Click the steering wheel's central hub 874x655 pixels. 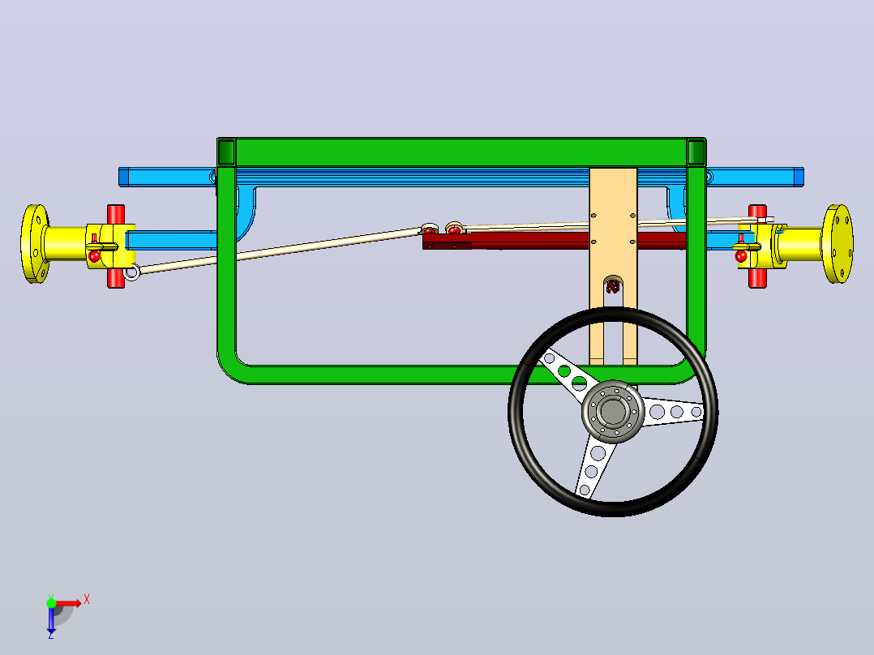pyautogui.click(x=613, y=411)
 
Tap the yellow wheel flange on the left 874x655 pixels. pyautogui.click(x=35, y=244)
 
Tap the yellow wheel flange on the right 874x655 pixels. pyautogui.click(x=838, y=244)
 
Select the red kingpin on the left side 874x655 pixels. pyautogui.click(x=116, y=246)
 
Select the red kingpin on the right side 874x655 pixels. pyautogui.click(x=757, y=246)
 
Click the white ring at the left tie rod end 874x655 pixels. pyautogui.click(x=131, y=272)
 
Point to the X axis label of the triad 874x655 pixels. pyautogui.click(x=87, y=600)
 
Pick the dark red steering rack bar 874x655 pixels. pyautogui.click(x=554, y=240)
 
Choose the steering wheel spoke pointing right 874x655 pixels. pyautogui.click(x=673, y=412)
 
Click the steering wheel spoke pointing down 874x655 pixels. pyautogui.click(x=595, y=466)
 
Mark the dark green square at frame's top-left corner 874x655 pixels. pyautogui.click(x=226, y=152)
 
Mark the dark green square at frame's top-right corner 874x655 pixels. pyautogui.click(x=696, y=152)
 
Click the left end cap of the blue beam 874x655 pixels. pyautogui.click(x=123, y=177)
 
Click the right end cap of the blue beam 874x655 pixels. pyautogui.click(x=799, y=177)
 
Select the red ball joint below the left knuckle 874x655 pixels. pyautogui.click(x=94, y=256)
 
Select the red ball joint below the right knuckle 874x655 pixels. pyautogui.click(x=741, y=256)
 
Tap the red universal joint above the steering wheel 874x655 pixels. pyautogui.click(x=613, y=286)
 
